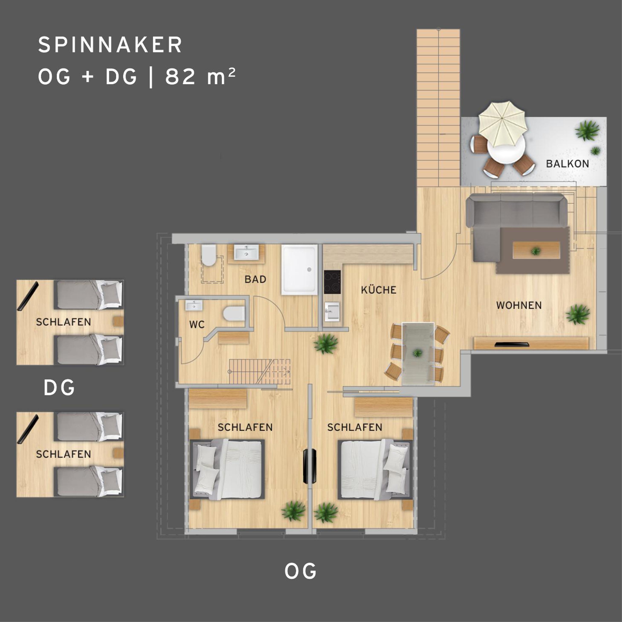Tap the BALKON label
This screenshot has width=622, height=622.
point(567,164)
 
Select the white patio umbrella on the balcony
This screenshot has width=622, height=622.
point(503,124)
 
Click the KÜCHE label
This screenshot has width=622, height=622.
point(379,290)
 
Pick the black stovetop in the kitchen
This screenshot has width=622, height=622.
point(332,282)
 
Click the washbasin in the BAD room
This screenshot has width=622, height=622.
point(246,252)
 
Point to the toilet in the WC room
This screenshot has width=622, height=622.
point(234,314)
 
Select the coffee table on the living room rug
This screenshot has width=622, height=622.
point(536,250)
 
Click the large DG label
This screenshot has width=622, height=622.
point(59,388)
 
